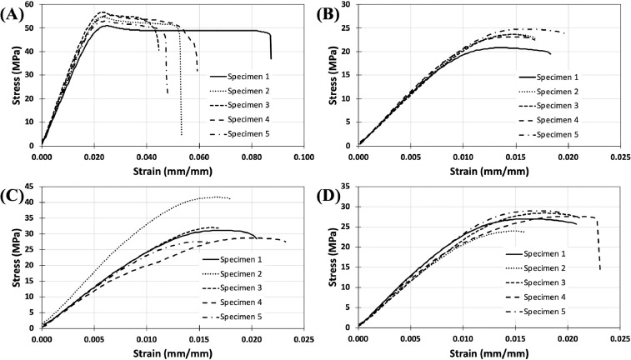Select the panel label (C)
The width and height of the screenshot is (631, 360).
click(x=15, y=194)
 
